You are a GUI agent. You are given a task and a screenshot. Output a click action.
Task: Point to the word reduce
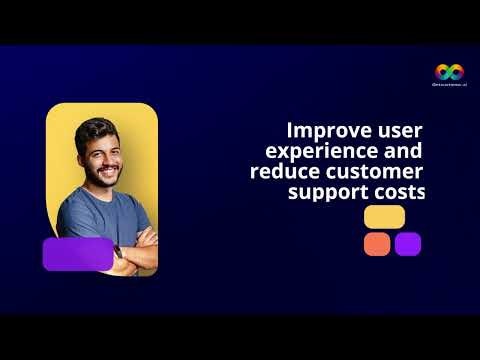pyautogui.click(x=283, y=171)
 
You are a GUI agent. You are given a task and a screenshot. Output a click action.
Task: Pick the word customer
pyautogui.click(x=374, y=171)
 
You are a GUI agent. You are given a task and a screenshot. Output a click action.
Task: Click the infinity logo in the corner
pyautogui.click(x=449, y=71)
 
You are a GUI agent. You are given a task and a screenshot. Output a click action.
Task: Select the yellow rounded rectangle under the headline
pyautogui.click(x=385, y=217)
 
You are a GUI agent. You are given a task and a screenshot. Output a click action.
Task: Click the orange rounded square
pyautogui.click(x=377, y=244)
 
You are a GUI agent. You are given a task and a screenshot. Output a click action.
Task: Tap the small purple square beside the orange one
pyautogui.click(x=408, y=244)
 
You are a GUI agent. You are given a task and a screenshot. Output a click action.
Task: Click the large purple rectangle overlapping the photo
pyautogui.click(x=77, y=254)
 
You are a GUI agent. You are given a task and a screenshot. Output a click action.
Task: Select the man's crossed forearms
pyautogui.click(x=135, y=240)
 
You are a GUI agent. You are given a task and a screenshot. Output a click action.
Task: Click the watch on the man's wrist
pyautogui.click(x=118, y=254)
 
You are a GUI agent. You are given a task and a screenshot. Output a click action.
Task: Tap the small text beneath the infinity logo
pyautogui.click(x=449, y=86)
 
